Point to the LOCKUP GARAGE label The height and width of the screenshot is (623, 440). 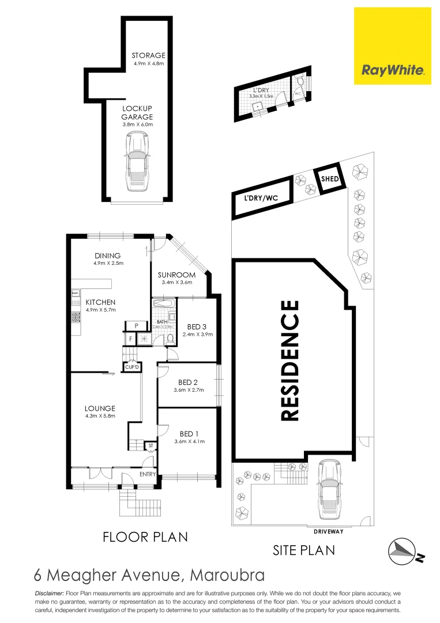pyautogui.click(x=136, y=112)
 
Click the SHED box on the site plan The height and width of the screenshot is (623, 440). pyautogui.click(x=330, y=179)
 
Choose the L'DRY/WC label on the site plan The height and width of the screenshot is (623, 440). pyautogui.click(x=261, y=198)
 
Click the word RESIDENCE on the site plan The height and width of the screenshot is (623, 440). pyautogui.click(x=289, y=360)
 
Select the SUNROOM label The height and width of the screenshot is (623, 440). pyautogui.click(x=176, y=275)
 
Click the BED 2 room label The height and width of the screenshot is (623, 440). pyautogui.click(x=188, y=382)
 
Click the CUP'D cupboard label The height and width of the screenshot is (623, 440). pyautogui.click(x=132, y=367)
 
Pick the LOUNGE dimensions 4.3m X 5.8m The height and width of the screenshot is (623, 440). pyautogui.click(x=101, y=416)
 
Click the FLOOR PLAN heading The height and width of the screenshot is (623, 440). pyautogui.click(x=145, y=537)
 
